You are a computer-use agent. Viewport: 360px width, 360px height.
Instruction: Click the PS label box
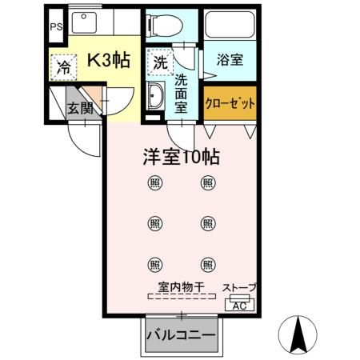point(55,26)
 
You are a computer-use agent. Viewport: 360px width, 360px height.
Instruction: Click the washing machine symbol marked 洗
point(160,62)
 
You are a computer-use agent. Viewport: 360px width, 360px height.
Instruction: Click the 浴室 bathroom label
point(230,59)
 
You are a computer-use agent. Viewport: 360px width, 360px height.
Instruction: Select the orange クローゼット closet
point(230,103)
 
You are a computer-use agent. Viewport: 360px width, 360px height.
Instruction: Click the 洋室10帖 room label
point(181,158)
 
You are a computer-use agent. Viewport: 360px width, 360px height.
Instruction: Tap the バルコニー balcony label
point(181,335)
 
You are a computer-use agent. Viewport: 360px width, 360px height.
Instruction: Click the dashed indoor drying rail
point(181,297)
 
